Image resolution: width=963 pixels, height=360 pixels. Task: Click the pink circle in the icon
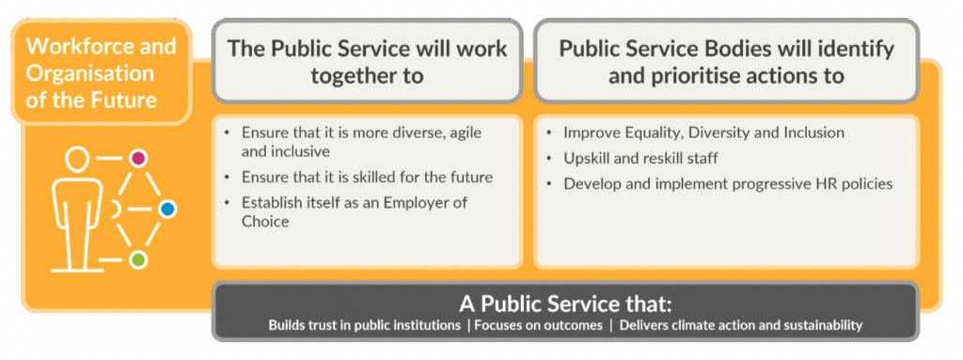(138, 158)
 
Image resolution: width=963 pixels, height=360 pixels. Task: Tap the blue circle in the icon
(167, 210)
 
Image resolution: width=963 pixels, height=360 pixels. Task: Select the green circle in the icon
(139, 259)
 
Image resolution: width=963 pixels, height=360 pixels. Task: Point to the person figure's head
(75, 160)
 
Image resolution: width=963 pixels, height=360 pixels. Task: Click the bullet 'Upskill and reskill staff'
(641, 159)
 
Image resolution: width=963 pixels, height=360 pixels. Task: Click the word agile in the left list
(466, 133)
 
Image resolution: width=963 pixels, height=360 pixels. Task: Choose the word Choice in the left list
(265, 221)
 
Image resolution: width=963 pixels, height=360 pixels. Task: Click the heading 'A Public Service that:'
(565, 305)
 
